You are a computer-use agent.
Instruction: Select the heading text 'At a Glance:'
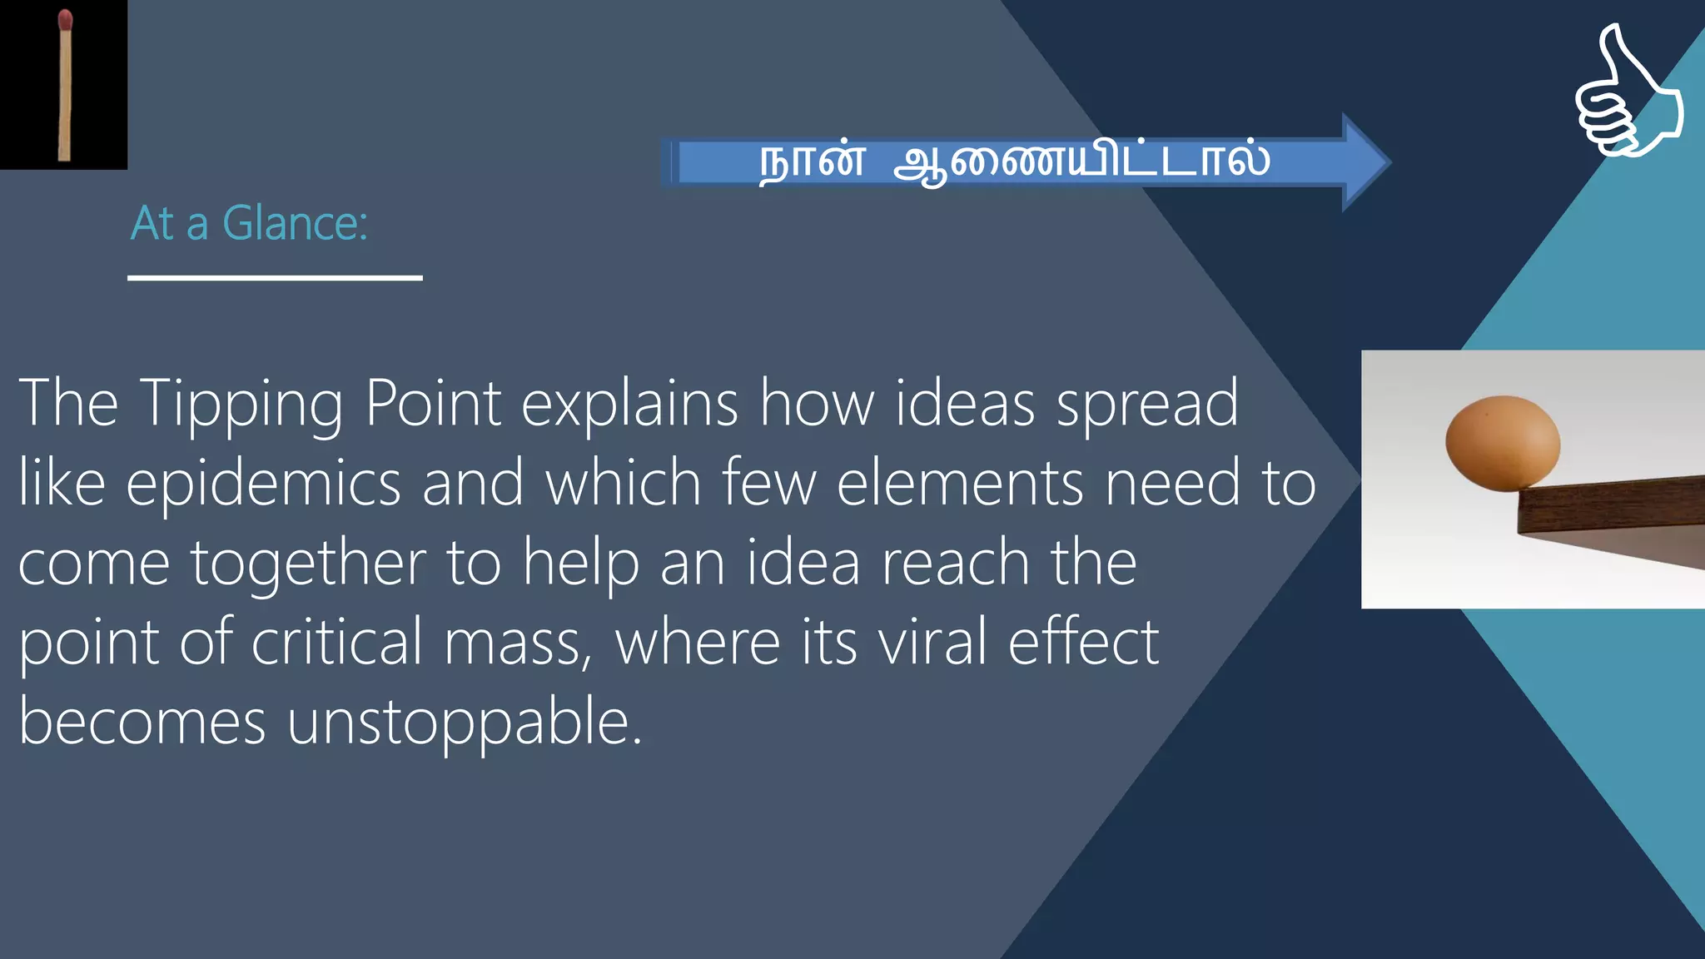point(249,224)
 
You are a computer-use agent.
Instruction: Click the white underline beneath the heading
point(275,278)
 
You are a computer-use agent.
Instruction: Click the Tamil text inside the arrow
point(1014,161)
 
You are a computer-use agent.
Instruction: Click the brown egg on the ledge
point(1503,442)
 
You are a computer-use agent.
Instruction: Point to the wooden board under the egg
point(1615,508)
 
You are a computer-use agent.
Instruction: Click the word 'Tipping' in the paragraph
point(241,404)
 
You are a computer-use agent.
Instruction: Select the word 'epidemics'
point(263,483)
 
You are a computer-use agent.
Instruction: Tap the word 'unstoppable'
point(464,721)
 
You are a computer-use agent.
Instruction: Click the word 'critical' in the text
point(337,642)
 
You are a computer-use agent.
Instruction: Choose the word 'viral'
point(932,642)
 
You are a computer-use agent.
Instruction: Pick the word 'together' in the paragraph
point(308,563)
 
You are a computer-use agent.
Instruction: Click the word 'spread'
point(1147,404)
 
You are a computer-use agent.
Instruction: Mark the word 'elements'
point(960,483)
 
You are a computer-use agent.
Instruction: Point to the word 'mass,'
point(518,643)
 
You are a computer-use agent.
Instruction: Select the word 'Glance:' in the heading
point(295,224)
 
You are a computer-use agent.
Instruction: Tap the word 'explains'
point(629,404)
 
